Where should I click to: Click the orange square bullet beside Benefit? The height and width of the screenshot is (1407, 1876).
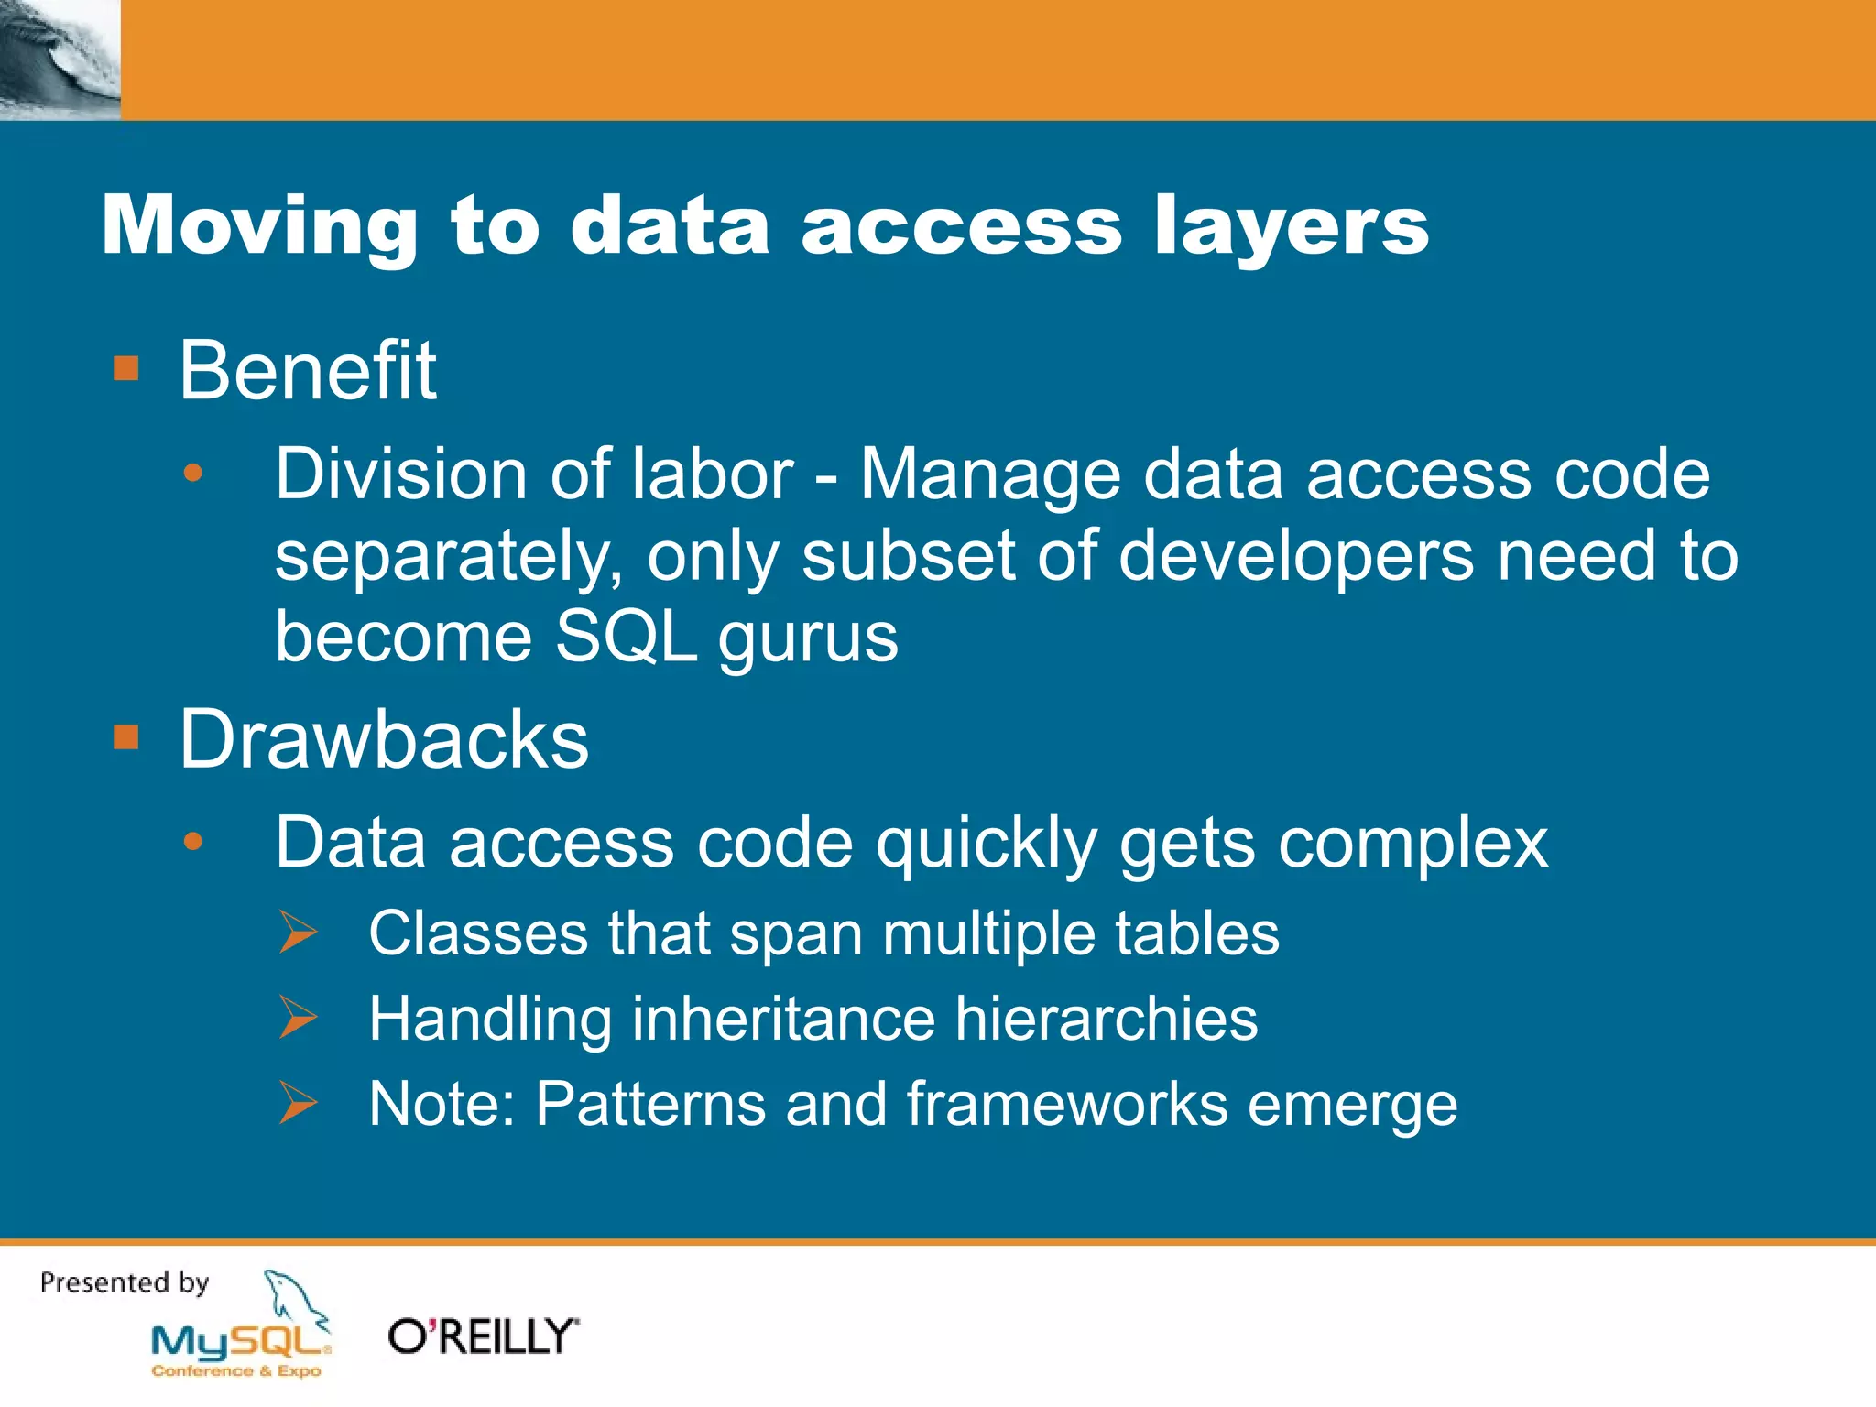pyautogui.click(x=125, y=369)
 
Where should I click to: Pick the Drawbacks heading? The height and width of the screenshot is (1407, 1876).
pyautogui.click(x=384, y=739)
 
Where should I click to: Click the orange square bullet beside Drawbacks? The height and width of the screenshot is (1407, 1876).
pyautogui.click(x=125, y=737)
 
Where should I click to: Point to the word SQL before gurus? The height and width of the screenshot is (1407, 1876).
pyautogui.click(x=626, y=637)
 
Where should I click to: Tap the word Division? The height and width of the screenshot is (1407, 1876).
pyautogui.click(x=395, y=474)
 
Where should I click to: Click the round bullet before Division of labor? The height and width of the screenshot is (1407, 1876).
pyautogui.click(x=192, y=474)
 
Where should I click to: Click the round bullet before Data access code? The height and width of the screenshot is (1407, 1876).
pyautogui.click(x=192, y=842)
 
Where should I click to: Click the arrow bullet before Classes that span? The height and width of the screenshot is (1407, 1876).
pyautogui.click(x=298, y=933)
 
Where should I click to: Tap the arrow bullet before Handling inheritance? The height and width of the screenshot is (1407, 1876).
pyautogui.click(x=298, y=1018)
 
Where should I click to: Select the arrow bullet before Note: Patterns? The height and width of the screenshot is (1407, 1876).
pyautogui.click(x=298, y=1103)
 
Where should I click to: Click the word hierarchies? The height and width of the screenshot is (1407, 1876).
pyautogui.click(x=1106, y=1019)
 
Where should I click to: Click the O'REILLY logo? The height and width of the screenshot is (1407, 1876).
pyautogui.click(x=484, y=1336)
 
